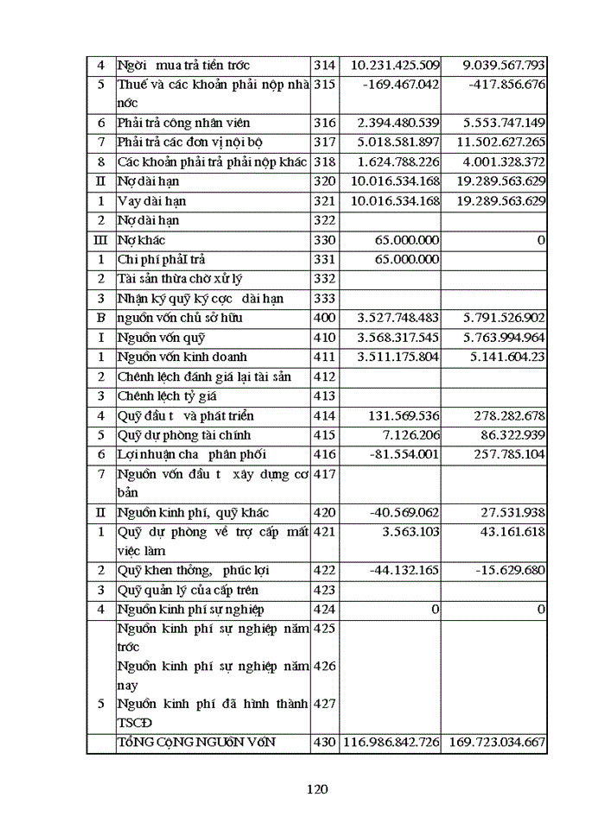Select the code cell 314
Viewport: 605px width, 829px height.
click(x=324, y=65)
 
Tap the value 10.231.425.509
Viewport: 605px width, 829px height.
click(x=395, y=65)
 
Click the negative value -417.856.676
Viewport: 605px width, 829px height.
click(x=506, y=85)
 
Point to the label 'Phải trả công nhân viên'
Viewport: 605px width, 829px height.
click(x=184, y=123)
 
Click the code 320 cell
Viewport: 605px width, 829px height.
click(x=324, y=181)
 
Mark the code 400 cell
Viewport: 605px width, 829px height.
click(x=324, y=318)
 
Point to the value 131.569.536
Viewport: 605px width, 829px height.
click(x=404, y=415)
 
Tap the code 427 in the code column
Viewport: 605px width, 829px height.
click(x=324, y=704)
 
